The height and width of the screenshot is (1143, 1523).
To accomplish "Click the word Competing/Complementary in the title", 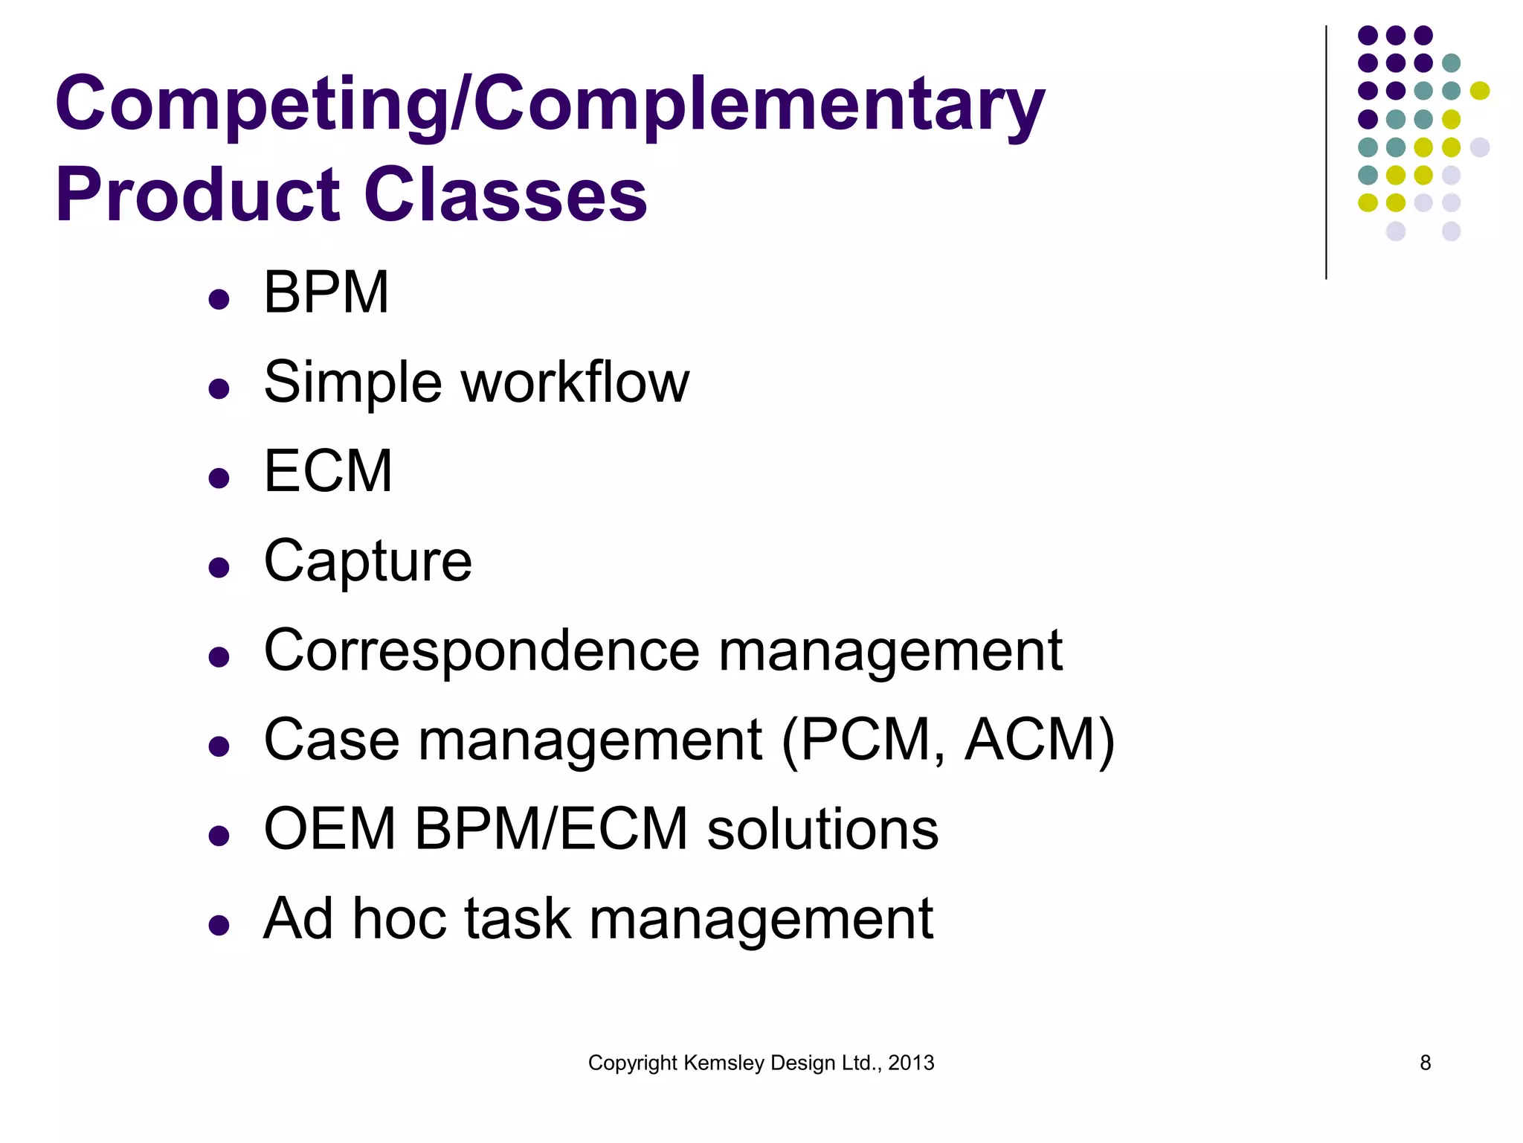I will [x=550, y=104].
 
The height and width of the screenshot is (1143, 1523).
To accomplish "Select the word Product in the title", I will [x=198, y=195].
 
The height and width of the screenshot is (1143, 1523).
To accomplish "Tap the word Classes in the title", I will [x=506, y=195].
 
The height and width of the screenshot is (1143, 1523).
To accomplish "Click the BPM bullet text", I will [x=326, y=292].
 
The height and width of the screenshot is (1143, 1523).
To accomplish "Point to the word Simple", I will [x=353, y=382].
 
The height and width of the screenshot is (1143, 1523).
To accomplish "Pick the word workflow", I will [x=576, y=382].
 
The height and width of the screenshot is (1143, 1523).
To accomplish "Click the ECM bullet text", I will [x=328, y=471].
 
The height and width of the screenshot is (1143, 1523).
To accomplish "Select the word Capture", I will [x=368, y=561].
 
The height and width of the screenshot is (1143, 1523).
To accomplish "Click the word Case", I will [x=332, y=740].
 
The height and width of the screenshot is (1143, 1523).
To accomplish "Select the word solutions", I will [x=822, y=829].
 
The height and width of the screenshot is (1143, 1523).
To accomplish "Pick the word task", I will [x=518, y=918].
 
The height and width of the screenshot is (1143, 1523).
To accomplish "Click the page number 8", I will [x=1425, y=1063].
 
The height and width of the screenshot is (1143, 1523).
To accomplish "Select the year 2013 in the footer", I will [x=911, y=1063].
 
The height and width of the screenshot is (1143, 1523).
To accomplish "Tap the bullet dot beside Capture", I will [x=219, y=568].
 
